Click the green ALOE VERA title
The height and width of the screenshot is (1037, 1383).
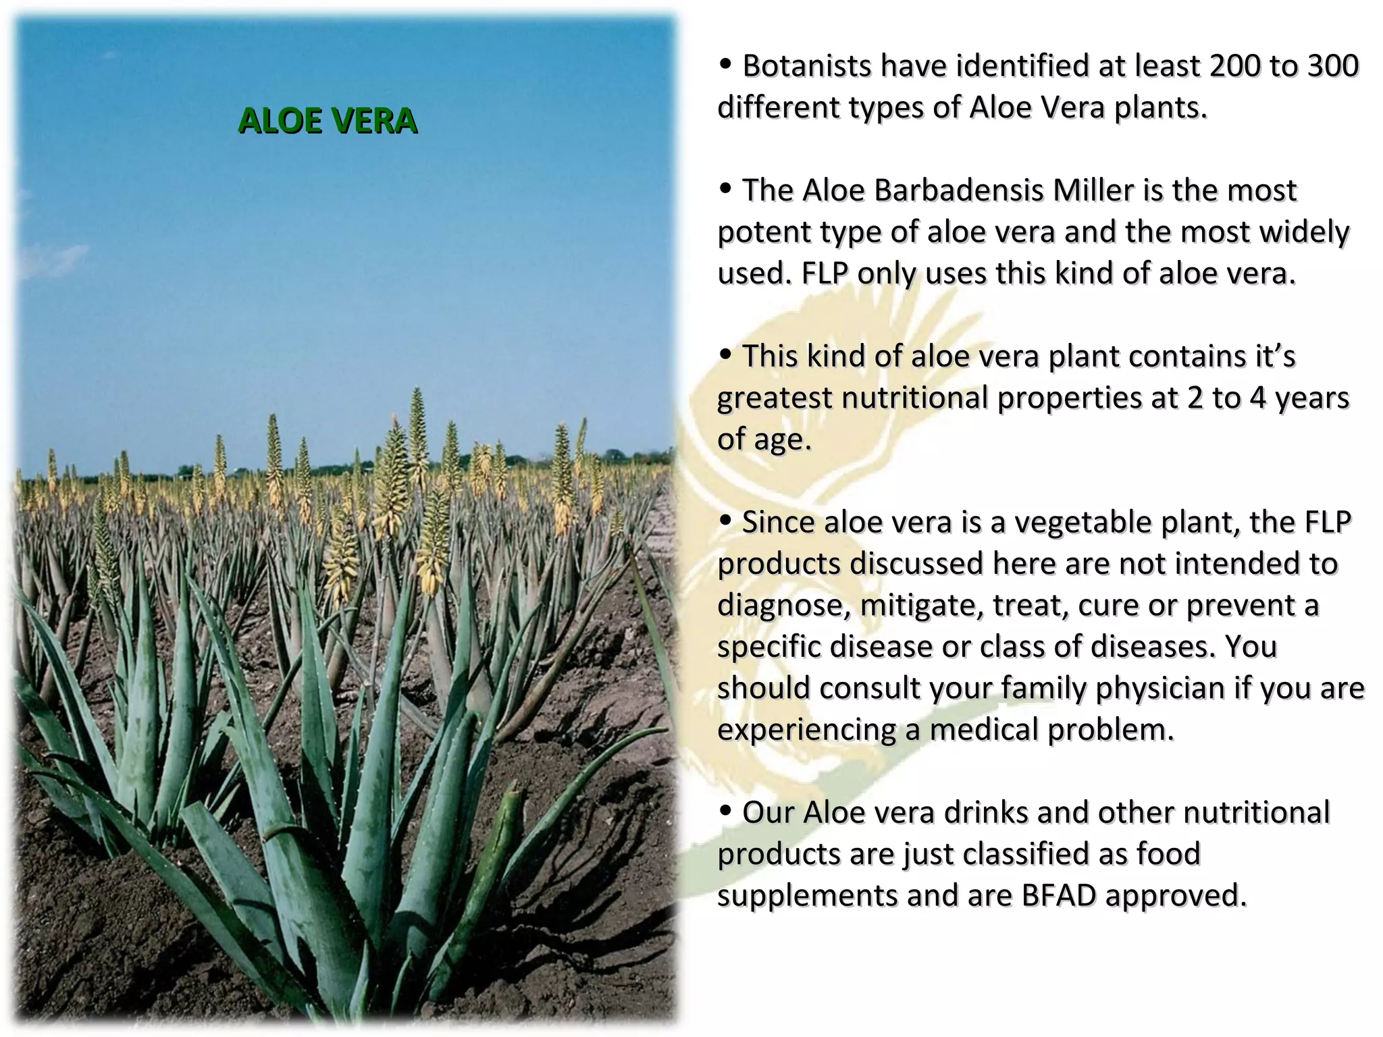(x=328, y=122)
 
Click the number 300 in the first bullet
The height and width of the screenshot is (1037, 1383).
(x=1332, y=66)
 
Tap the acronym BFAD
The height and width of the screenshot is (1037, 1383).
(x=1058, y=896)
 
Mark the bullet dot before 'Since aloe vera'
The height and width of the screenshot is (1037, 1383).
(x=726, y=521)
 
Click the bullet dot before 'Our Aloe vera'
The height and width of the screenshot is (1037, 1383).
(x=726, y=810)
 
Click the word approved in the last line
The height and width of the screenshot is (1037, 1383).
(x=1176, y=896)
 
